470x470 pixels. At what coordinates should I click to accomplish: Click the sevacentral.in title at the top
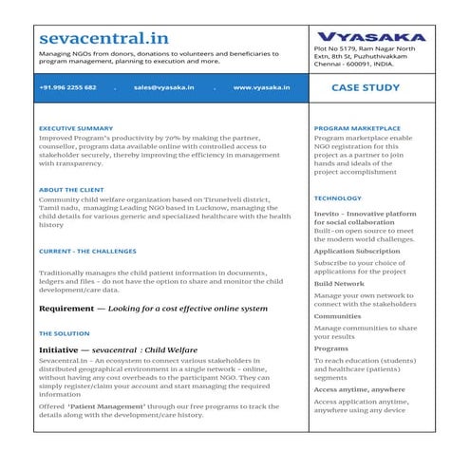click(104, 39)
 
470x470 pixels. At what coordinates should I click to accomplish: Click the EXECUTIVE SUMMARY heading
click(76, 127)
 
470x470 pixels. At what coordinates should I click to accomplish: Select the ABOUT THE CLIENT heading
click(71, 189)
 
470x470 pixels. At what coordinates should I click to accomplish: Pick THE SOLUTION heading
click(64, 334)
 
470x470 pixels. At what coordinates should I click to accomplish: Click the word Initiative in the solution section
click(62, 350)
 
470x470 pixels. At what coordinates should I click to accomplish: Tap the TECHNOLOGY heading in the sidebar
click(337, 198)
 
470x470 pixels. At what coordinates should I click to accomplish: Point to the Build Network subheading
click(339, 284)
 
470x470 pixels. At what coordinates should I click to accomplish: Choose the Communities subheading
click(337, 316)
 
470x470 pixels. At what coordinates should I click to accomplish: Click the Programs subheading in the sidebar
click(331, 348)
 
